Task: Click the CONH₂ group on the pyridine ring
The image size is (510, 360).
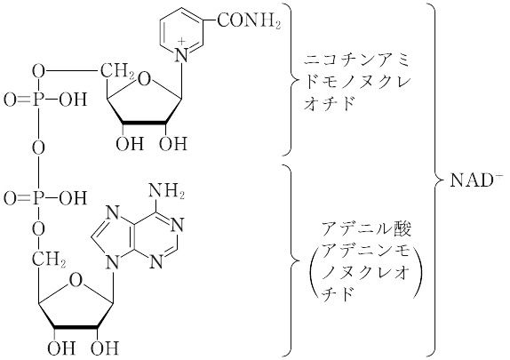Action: (x=249, y=21)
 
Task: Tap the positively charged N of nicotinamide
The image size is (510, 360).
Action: (x=182, y=55)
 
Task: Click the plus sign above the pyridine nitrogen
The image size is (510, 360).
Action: (x=183, y=42)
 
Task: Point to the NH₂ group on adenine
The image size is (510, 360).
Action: (x=166, y=191)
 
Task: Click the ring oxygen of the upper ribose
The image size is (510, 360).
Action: (x=145, y=80)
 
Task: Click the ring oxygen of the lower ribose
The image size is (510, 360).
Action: (x=76, y=281)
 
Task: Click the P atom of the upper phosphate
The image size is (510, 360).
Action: (x=38, y=100)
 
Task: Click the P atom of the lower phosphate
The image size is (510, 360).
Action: (x=38, y=198)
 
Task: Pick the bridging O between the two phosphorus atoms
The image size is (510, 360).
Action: (x=38, y=148)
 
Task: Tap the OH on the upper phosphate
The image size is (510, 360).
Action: (x=73, y=100)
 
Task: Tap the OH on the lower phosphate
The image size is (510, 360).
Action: (x=73, y=198)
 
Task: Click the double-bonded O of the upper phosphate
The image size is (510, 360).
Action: (x=10, y=100)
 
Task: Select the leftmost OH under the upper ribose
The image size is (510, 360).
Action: (x=130, y=143)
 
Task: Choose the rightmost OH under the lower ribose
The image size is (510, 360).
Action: (x=105, y=348)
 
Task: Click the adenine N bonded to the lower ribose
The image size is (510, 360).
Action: (x=112, y=261)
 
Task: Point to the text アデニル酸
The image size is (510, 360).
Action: (x=366, y=228)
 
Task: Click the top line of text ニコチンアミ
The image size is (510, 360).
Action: (x=356, y=60)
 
